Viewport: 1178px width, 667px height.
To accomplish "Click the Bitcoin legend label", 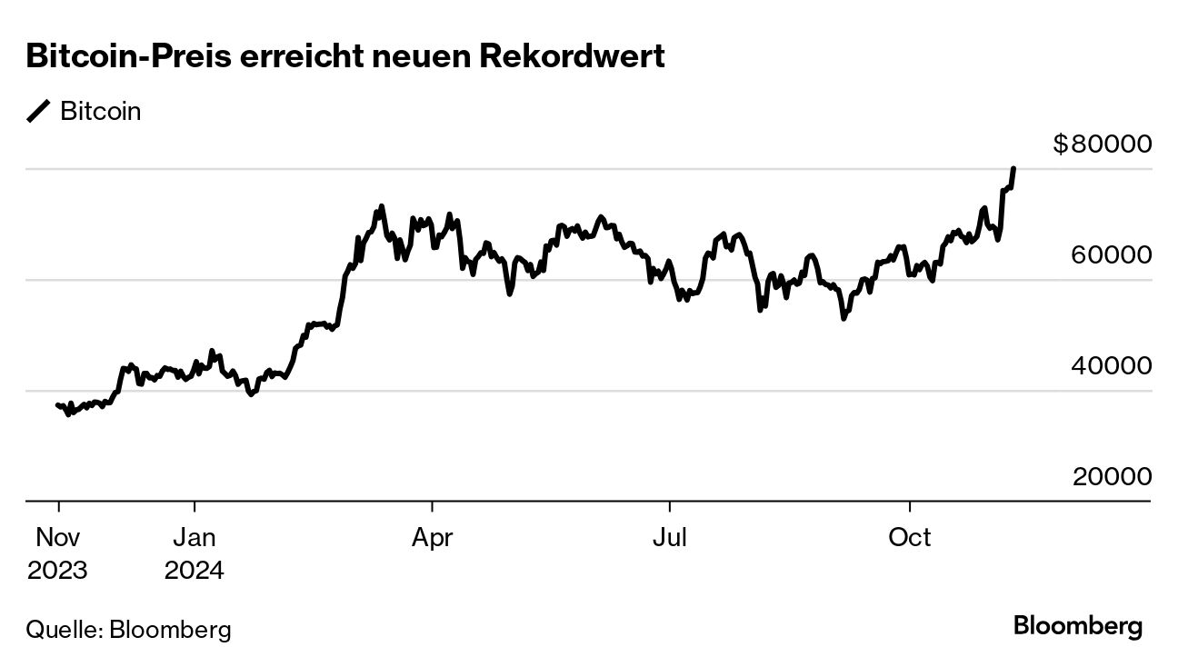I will [x=100, y=112].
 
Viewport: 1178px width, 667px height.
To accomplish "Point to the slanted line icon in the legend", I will [x=39, y=112].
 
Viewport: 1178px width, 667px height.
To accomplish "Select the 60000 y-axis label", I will [x=1112, y=254].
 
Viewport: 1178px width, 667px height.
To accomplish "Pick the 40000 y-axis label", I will [x=1112, y=365].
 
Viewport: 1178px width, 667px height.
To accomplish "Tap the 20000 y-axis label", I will [x=1112, y=476].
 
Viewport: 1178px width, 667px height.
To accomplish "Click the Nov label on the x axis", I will [x=58, y=537].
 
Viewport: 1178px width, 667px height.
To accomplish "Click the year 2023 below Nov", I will [x=58, y=571].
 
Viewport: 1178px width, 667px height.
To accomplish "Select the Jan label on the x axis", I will [x=195, y=537].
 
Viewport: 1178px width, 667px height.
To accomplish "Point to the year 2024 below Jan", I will [x=195, y=571].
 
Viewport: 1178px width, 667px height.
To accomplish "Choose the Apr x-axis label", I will [x=432, y=537].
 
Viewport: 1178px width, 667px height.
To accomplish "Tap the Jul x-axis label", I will [x=670, y=537].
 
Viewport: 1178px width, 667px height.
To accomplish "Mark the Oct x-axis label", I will [x=910, y=537].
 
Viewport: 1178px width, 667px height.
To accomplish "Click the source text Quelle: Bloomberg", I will [x=128, y=629].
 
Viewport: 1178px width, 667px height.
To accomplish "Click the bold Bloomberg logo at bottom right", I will [x=1077, y=626].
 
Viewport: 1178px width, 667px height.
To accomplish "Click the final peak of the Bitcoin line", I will [x=1013, y=169].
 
